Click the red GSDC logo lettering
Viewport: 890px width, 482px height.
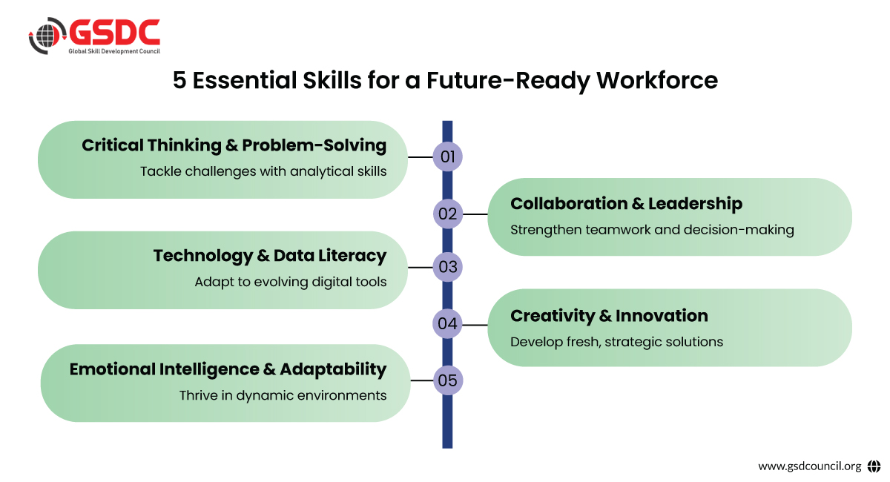[x=115, y=32]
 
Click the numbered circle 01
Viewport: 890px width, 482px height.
[x=447, y=156]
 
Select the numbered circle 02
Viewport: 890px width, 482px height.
[x=448, y=214]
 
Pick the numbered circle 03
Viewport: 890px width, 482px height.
[x=448, y=267]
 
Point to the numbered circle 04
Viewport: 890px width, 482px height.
[x=447, y=324]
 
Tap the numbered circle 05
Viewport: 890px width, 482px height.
[x=448, y=380]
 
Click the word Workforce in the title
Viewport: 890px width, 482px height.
[x=657, y=80]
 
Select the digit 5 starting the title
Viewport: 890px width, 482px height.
[x=179, y=80]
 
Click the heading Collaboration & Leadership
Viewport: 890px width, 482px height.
[x=626, y=203]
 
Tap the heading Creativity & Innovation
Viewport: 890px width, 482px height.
[x=609, y=316]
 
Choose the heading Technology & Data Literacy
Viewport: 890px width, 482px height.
[x=270, y=256]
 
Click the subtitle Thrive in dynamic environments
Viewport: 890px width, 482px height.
[x=283, y=395]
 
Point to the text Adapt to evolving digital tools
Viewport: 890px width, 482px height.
[x=291, y=282]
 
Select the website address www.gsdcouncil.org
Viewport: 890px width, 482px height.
[x=809, y=466]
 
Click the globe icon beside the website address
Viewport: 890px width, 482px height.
[x=874, y=466]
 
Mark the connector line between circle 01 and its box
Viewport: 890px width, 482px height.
[x=421, y=157]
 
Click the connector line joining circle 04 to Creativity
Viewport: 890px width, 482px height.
[x=475, y=325]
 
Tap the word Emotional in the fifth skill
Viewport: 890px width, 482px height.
[x=113, y=369]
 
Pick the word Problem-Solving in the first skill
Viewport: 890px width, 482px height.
[x=314, y=145]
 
